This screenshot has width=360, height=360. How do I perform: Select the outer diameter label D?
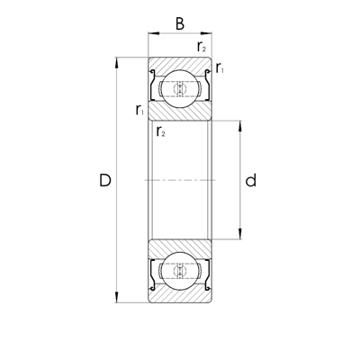(104, 181)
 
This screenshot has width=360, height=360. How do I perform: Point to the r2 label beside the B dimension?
(201, 46)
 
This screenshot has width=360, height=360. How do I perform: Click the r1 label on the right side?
(220, 68)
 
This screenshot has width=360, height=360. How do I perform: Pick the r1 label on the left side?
(139, 111)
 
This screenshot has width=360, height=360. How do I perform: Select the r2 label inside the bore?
(160, 131)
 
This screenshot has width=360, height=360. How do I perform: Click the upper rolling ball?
(180, 88)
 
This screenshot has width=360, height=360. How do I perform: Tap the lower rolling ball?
(180, 272)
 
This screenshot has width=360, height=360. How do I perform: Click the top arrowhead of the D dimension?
(118, 62)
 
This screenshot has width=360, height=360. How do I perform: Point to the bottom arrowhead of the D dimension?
(118, 299)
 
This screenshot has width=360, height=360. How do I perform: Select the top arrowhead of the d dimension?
(238, 122)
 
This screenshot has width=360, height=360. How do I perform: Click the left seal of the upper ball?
(155, 87)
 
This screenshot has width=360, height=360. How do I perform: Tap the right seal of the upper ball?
(205, 87)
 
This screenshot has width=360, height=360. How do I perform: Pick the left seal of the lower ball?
(155, 273)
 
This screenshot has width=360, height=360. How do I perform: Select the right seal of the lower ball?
(205, 273)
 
